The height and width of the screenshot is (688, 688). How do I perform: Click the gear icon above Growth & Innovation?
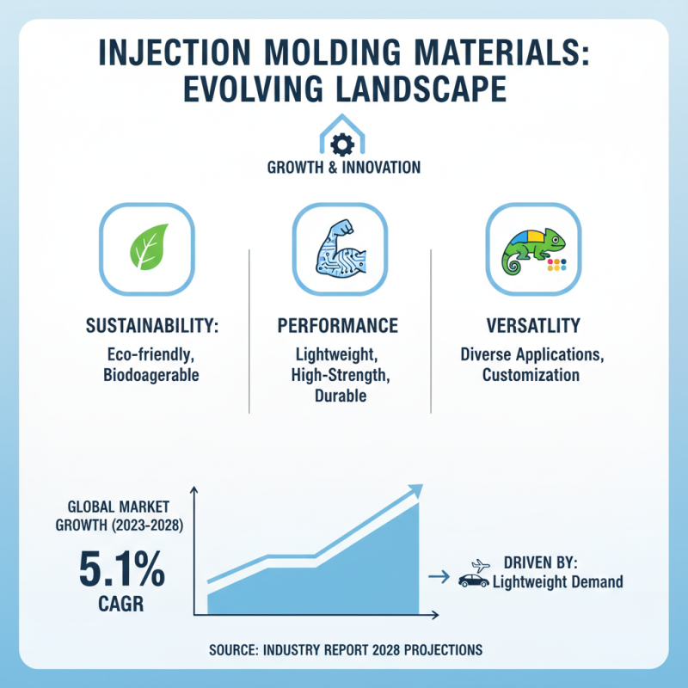343,143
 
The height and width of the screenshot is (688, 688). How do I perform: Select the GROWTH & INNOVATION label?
343,167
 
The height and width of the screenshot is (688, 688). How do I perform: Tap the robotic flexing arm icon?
340,249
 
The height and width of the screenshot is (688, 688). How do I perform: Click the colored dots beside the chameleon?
557,264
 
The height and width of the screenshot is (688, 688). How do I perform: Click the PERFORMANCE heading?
338,326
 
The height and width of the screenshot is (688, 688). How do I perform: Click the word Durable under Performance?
339,396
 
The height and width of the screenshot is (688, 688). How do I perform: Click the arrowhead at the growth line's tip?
416,490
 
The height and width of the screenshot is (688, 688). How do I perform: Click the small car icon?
474,580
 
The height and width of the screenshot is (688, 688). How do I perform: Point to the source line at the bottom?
345,649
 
